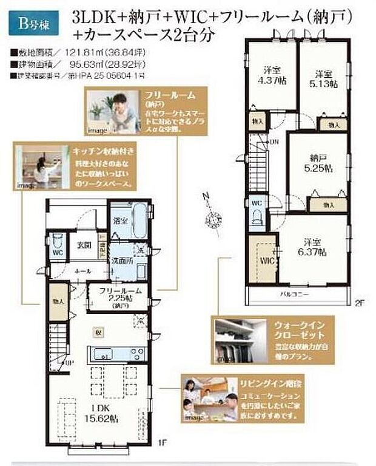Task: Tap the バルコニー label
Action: pyautogui.click(x=294, y=295)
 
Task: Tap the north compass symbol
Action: pyautogui.click(x=213, y=216)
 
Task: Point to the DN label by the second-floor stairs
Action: pyautogui.click(x=274, y=142)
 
